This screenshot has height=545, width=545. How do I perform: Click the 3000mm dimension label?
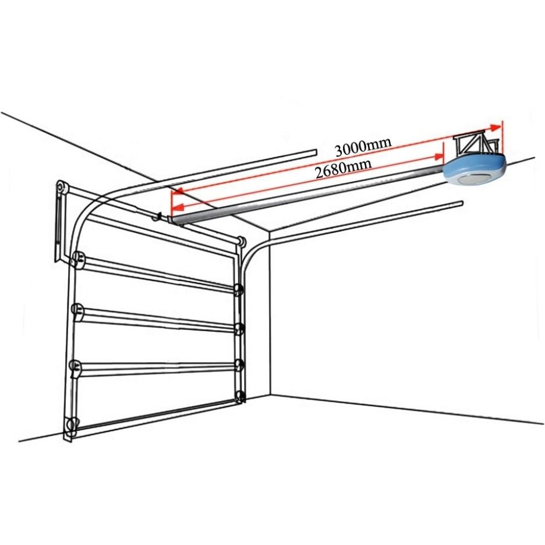(363, 147)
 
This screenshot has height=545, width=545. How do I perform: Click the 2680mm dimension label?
(343, 168)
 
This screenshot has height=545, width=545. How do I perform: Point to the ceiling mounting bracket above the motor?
(476, 143)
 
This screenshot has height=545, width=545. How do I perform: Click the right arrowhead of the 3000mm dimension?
(496, 127)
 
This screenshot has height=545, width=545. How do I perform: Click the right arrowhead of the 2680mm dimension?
(438, 157)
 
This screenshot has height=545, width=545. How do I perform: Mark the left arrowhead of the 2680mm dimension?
(178, 207)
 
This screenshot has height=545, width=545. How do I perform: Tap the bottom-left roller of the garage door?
(71, 424)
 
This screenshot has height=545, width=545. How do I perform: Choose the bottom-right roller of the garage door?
(239, 397)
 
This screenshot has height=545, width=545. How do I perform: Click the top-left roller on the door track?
(79, 259)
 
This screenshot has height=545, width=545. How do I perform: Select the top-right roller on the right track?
(239, 289)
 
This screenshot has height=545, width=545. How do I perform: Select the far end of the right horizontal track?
(461, 204)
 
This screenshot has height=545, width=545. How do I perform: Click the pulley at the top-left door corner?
(61, 187)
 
